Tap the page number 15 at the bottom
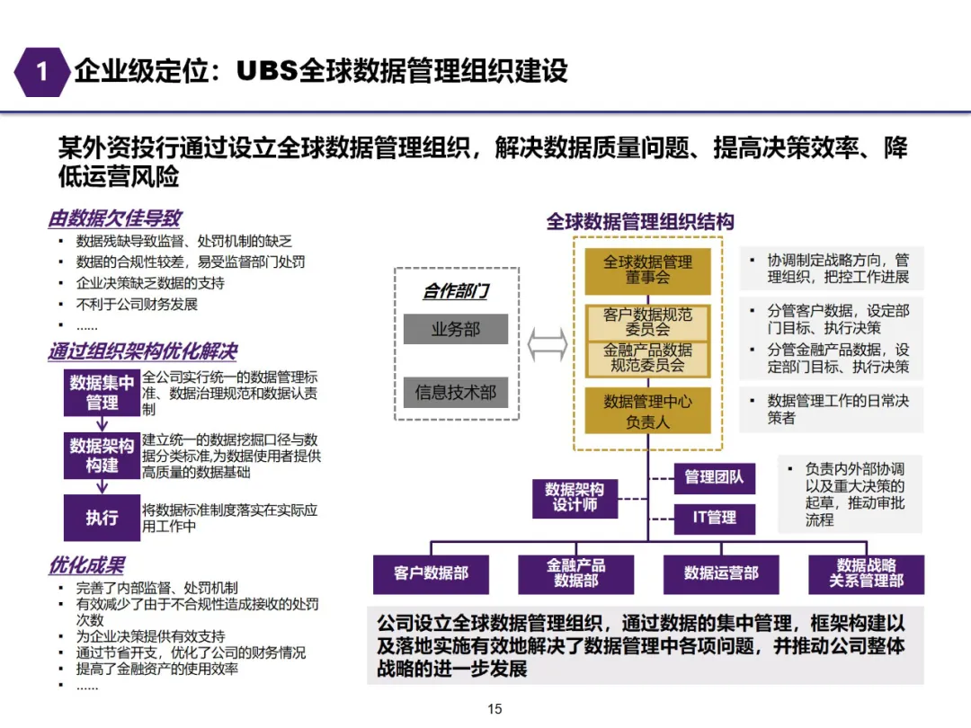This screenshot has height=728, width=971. (494, 709)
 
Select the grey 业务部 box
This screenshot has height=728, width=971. (455, 330)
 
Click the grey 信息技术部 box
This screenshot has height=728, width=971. (455, 392)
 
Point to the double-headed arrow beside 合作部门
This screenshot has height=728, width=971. (547, 343)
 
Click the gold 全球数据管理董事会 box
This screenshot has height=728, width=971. (647, 270)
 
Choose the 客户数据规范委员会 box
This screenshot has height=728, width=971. (647, 322)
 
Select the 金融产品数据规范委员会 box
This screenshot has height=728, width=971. (647, 358)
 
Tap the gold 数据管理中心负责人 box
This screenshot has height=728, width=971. (647, 411)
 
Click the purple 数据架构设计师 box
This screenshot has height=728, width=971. (575, 497)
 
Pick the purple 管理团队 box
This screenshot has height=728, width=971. (714, 477)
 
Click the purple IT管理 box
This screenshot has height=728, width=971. (714, 518)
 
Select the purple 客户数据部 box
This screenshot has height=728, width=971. (431, 573)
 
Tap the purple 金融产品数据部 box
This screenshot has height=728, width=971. (575, 573)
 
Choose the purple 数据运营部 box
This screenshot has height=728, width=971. (721, 573)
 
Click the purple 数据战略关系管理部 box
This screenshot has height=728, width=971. (866, 573)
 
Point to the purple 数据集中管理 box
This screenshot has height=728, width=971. (102, 393)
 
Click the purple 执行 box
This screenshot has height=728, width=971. (102, 518)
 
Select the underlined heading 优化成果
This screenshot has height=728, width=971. (86, 565)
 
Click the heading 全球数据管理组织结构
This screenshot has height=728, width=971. (640, 222)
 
